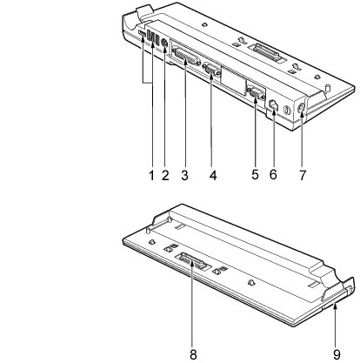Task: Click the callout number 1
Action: pos(151,175)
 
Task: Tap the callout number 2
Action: pos(165,175)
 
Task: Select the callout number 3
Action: pos(184,175)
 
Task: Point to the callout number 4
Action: pos(213,175)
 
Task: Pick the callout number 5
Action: pos(255,174)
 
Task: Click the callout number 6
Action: pos(273,174)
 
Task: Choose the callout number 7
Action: pos(303,175)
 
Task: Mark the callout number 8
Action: pos(193,354)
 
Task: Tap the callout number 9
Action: pos(337,354)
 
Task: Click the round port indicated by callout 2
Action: pos(164,43)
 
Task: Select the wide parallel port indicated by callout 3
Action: pos(186,57)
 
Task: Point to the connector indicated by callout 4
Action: pos(211,70)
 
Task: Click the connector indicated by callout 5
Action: pos(255,93)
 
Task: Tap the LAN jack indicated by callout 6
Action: pos(274,105)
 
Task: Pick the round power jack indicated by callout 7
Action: pos(301,107)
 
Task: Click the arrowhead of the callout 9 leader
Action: pos(335,306)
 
